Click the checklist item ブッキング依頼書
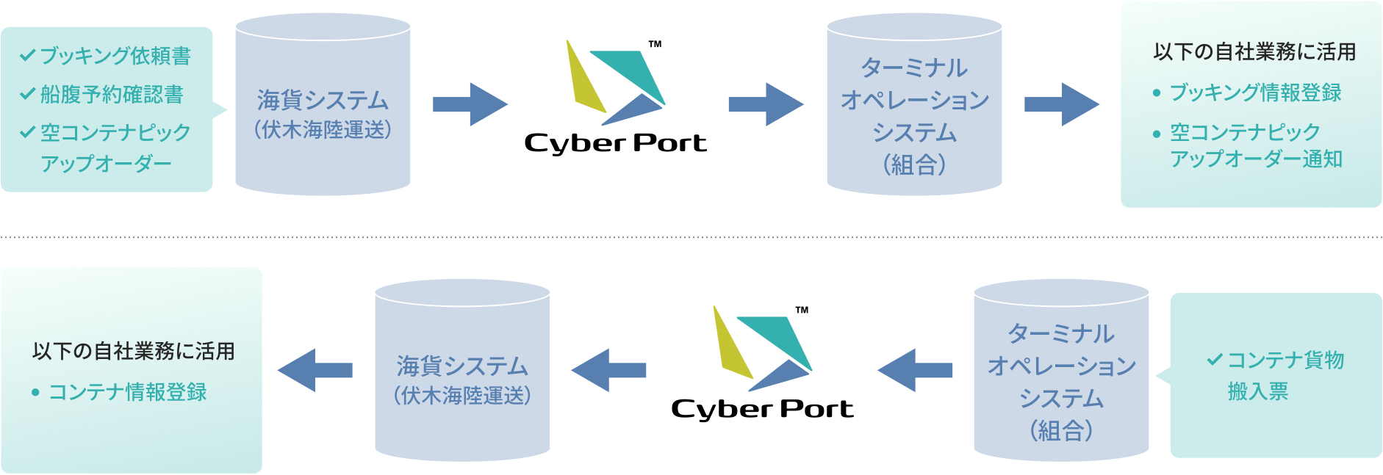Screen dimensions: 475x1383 click(x=115, y=56)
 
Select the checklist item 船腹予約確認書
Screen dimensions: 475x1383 click(x=111, y=95)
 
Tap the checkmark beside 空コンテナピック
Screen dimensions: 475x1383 click(x=27, y=132)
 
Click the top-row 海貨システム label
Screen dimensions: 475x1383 click(x=323, y=100)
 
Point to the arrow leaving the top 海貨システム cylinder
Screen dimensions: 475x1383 click(x=470, y=104)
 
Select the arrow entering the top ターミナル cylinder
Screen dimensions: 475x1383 click(x=765, y=104)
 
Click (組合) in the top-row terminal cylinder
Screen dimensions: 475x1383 click(x=914, y=164)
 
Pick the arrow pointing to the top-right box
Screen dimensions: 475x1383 click(x=1061, y=104)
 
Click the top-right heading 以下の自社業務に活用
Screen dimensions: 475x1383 click(x=1254, y=52)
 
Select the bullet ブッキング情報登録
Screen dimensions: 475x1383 click(x=1254, y=93)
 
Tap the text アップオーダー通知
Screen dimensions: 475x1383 click(x=1256, y=159)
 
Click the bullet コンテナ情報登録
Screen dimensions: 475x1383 click(x=127, y=392)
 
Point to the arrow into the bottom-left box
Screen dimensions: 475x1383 click(x=315, y=370)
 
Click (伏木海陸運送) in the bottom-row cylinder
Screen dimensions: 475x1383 click(x=462, y=396)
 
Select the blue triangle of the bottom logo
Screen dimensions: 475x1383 click(x=780, y=374)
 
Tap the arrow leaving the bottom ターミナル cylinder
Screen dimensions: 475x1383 click(x=915, y=370)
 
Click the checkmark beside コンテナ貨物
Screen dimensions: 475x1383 click(x=1214, y=360)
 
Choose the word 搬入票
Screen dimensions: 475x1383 click(x=1257, y=391)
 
